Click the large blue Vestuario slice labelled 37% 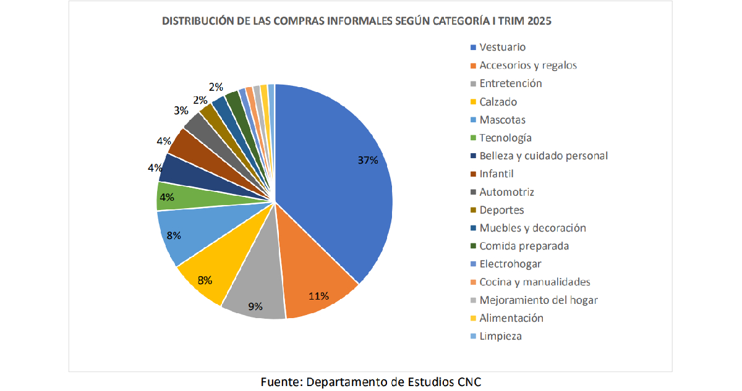pos(334,173)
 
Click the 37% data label pos(367,160)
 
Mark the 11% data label pos(318,295)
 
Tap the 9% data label pos(255,306)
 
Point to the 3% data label pos(181,111)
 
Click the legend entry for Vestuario pos(502,47)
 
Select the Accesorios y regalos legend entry pos(528,65)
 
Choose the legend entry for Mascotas pos(502,120)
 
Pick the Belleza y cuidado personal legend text pos(544,156)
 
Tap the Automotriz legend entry pos(506,192)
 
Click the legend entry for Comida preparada pos(524,246)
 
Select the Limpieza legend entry pos(500,337)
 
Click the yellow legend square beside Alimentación pos(474,319)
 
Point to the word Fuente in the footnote pos(280,382)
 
